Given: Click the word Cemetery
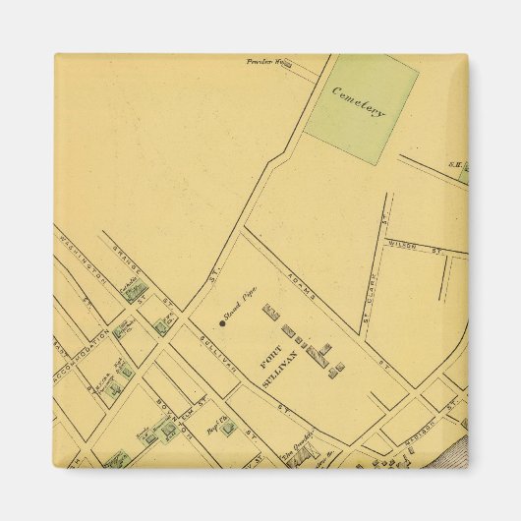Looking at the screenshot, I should (x=359, y=101).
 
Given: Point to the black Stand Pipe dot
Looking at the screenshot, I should (x=222, y=322).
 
